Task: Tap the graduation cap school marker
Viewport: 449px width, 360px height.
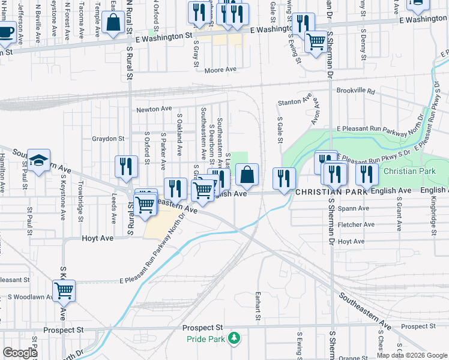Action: coord(38,160)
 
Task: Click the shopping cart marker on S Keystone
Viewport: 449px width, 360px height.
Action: coord(64,291)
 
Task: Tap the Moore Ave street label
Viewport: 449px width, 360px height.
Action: coord(220,70)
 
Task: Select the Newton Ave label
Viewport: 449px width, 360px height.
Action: coord(154,109)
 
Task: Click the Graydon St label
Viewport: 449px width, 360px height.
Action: coord(107,139)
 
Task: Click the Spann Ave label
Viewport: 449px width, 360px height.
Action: coord(353,208)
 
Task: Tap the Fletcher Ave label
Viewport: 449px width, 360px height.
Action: coord(357,225)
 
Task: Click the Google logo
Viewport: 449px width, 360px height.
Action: coord(20,353)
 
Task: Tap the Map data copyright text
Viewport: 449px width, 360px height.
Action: coord(412,355)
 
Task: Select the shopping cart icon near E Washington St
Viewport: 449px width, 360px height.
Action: coord(316,41)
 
